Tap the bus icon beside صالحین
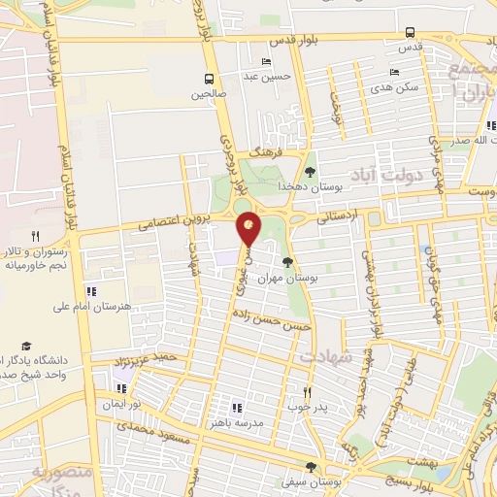click(209, 79)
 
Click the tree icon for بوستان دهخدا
click(311, 171)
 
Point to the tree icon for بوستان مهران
click(286, 261)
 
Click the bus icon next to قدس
click(410, 30)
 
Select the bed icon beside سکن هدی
click(393, 72)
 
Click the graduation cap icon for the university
click(27, 346)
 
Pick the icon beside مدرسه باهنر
click(236, 408)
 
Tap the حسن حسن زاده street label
click(271, 320)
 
